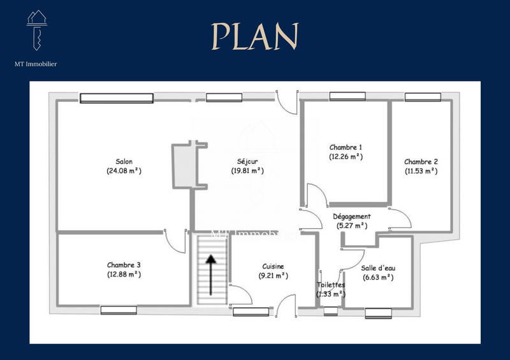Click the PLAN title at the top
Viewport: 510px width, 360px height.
pos(255,36)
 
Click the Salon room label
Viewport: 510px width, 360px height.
pos(124,161)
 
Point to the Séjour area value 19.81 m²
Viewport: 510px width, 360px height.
pos(247,171)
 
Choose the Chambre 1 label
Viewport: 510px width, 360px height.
pos(346,147)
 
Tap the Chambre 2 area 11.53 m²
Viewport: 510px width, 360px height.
pos(421,171)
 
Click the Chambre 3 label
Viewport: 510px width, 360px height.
pos(124,265)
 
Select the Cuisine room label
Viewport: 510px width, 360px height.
pos(273,266)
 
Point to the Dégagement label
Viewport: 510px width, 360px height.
pos(352,217)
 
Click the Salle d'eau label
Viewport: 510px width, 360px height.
pos(379,268)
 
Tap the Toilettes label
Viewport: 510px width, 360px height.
pos(331,285)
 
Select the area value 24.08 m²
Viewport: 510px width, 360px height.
pos(124,171)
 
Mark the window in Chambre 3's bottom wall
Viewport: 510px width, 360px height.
pos(119,310)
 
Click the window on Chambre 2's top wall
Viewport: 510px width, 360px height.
pos(423,97)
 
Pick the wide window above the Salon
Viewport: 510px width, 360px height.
pos(117,98)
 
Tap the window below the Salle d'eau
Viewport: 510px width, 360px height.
pos(378,313)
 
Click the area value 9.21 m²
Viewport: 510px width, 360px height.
pos(273,276)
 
